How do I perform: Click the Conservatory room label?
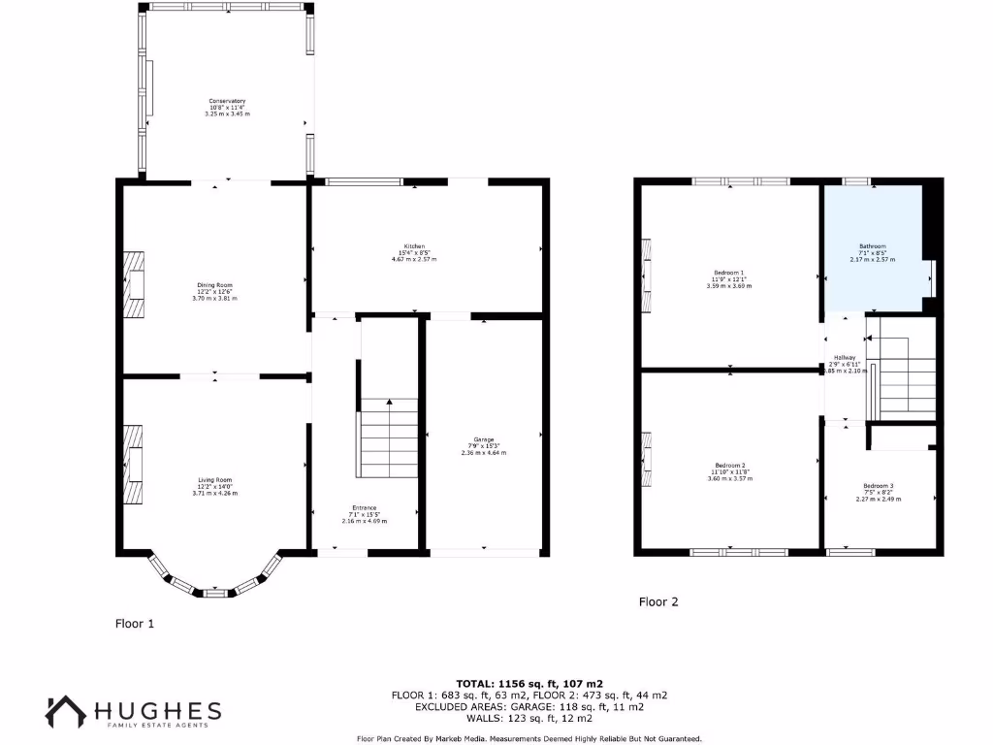[x=227, y=102]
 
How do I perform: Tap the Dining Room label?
[x=215, y=285]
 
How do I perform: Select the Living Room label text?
[x=215, y=480]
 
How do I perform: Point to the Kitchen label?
[x=414, y=246]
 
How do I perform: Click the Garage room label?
[x=483, y=439]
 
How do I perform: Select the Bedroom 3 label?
[x=879, y=486]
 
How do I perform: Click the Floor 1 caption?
[x=135, y=624]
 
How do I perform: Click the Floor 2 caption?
[x=658, y=601]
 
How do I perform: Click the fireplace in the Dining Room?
[x=133, y=285]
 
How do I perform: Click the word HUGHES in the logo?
[x=159, y=710]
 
